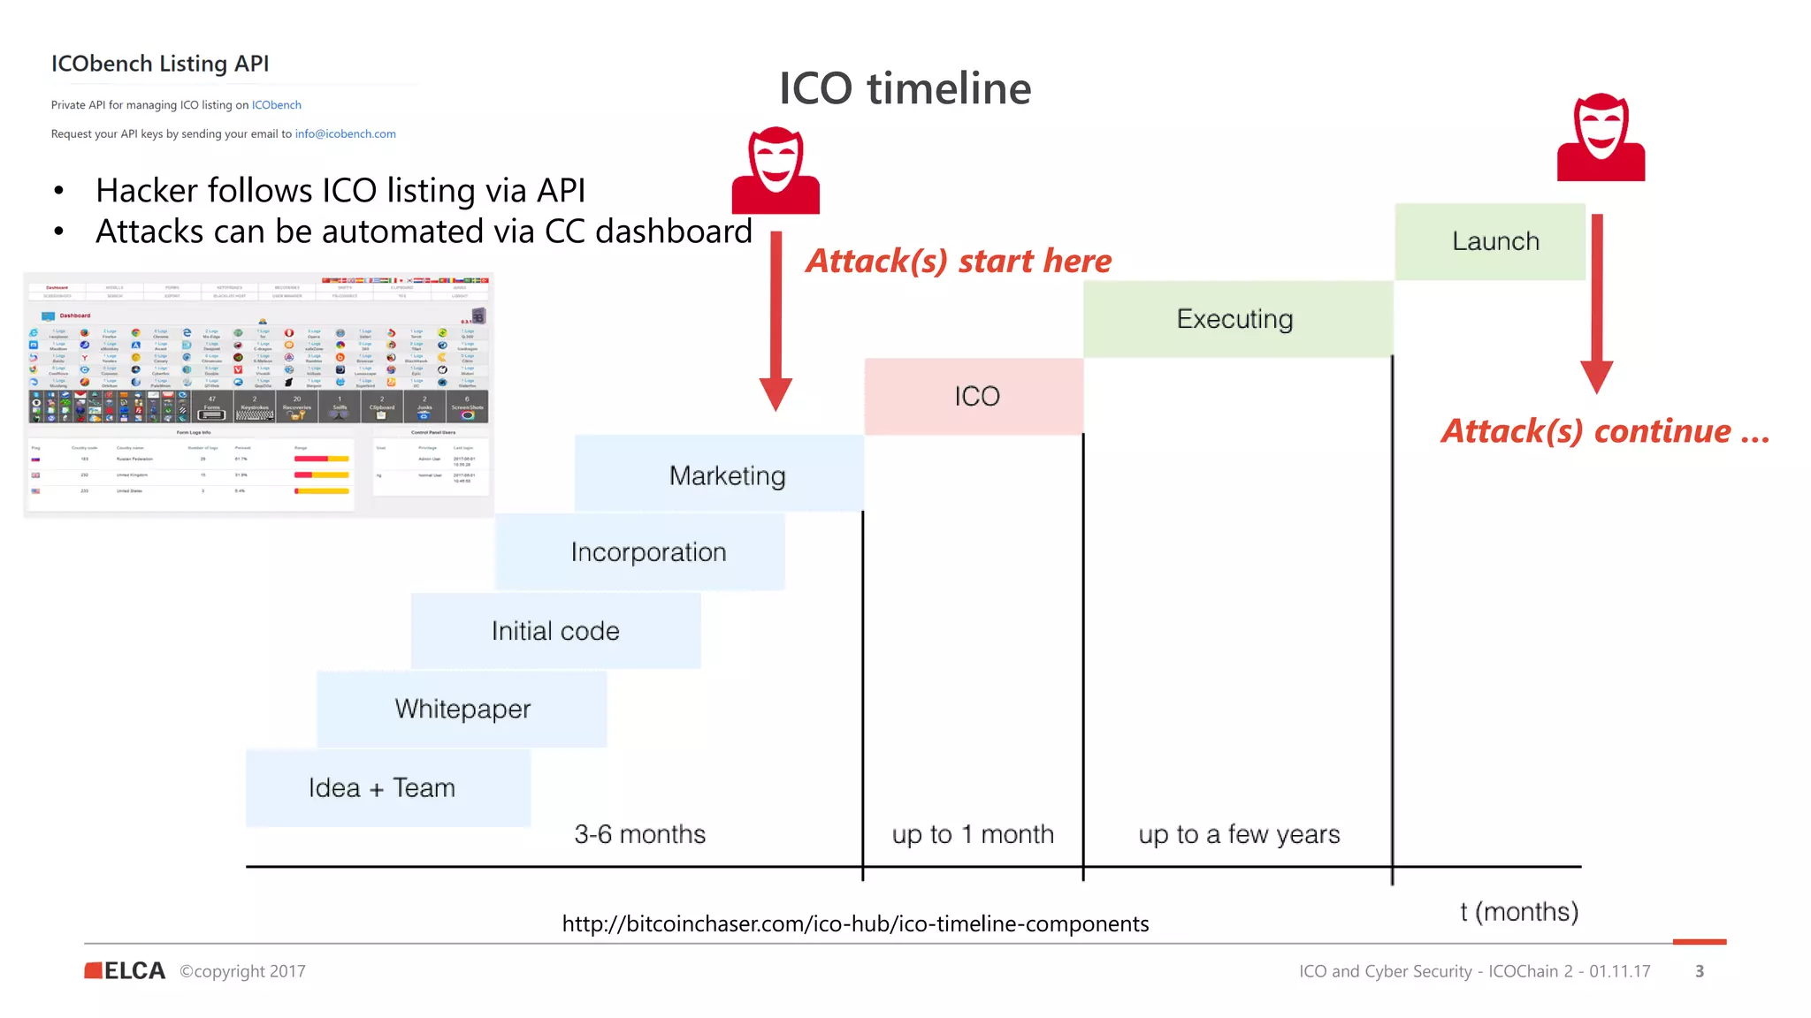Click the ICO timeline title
pyautogui.click(x=905, y=88)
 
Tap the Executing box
pyautogui.click(x=1235, y=319)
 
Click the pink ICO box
pyautogui.click(x=975, y=396)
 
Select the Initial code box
pyautogui.click(x=555, y=631)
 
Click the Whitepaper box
pyautogui.click(x=462, y=709)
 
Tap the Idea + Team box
pyautogui.click(x=382, y=787)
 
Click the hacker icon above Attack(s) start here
pyautogui.click(x=776, y=170)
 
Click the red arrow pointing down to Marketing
pyautogui.click(x=776, y=323)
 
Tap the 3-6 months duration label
pyautogui.click(x=639, y=833)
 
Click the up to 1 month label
pyautogui.click(x=973, y=833)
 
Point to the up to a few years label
pyautogui.click(x=1238, y=833)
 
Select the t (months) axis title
pyautogui.click(x=1518, y=911)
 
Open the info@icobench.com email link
pyautogui.click(x=345, y=133)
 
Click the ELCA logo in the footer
pyautogui.click(x=125, y=970)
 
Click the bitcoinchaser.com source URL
pyautogui.click(x=855, y=923)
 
